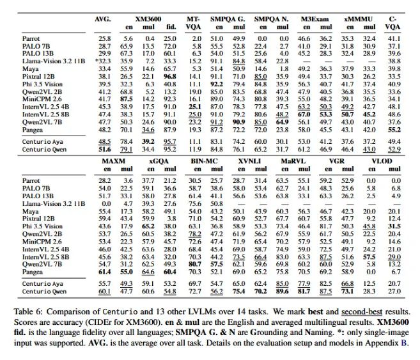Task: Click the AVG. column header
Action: tap(102, 19)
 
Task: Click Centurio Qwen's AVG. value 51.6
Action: tap(104, 149)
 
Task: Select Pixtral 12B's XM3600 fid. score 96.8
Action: tap(170, 77)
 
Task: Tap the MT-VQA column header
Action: tap(193, 23)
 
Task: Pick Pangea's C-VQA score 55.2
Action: tap(394, 130)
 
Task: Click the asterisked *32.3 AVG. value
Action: tap(103, 61)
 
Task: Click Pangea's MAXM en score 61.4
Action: tap(104, 272)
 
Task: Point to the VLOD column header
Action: tap(382, 161)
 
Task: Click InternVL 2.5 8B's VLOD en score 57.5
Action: tap(369, 257)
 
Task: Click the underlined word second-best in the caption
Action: tap(362, 312)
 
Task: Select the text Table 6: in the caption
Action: tap(28, 312)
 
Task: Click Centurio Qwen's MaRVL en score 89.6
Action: tap(282, 291)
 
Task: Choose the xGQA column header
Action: tap(159, 161)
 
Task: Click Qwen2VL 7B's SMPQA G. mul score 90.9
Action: tap(238, 122)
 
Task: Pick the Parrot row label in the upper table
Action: tap(31, 38)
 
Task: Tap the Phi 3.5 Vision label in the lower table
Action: tap(42, 226)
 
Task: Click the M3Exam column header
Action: tap(315, 19)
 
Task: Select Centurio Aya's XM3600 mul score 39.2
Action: tap(148, 141)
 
